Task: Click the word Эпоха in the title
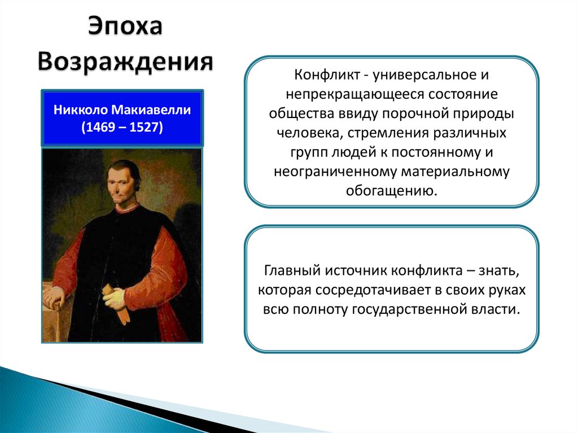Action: pos(125,27)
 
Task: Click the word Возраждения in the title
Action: pos(125,61)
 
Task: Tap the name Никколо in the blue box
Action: pos(81,110)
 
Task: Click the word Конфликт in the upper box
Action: pos(327,75)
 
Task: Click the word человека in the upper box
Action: pos(310,133)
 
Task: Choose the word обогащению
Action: pos(391,191)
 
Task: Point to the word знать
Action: pos(499,271)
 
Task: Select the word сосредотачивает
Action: pos(373,290)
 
